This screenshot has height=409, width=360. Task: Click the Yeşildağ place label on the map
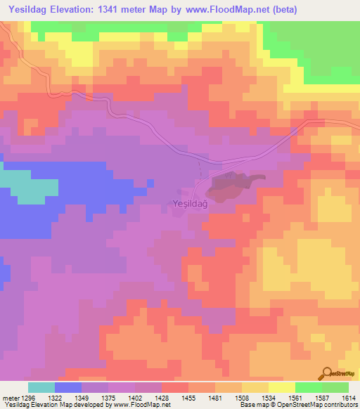click(188, 204)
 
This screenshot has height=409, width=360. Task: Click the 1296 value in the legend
click(29, 398)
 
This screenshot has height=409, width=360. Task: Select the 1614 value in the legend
click(347, 398)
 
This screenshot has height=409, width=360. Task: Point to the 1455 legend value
click(188, 398)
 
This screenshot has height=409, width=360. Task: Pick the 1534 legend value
click(269, 398)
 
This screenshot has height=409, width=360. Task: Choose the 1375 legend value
click(109, 398)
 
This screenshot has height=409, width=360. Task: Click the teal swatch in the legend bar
click(41, 387)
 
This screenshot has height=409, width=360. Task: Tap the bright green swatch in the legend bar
click(309, 387)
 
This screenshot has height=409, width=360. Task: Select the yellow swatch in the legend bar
click(282, 387)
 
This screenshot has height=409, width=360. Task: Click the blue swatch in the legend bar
click(68, 387)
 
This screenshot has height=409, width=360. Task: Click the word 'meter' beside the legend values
click(9, 398)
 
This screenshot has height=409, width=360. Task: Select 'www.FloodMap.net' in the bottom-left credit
click(141, 405)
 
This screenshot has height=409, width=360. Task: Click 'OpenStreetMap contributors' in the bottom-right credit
click(321, 405)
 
